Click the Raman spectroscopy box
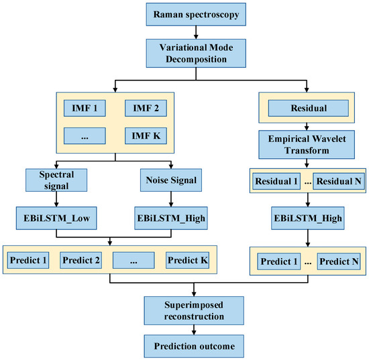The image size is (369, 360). tap(195, 13)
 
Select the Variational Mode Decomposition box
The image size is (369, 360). tap(195, 53)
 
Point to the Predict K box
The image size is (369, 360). tap(187, 259)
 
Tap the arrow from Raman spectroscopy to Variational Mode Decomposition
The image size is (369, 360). tap(195, 31)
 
